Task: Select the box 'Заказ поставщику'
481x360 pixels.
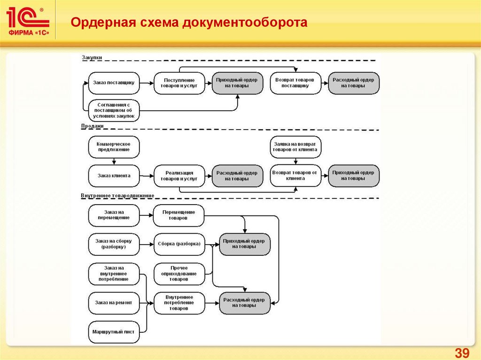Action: point(114,83)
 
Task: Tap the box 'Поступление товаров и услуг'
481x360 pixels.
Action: point(179,83)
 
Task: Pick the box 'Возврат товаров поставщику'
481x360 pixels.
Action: point(295,83)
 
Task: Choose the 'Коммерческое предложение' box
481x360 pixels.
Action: point(114,146)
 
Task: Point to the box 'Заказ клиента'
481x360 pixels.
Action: point(114,176)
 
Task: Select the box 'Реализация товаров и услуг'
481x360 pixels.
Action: point(179,176)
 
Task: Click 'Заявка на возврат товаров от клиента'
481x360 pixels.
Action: point(295,146)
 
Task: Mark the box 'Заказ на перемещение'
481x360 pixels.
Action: point(114,215)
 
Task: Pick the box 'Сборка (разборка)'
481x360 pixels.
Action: point(179,244)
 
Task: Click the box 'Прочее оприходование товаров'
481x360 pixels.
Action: point(179,274)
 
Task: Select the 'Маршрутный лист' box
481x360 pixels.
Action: point(114,332)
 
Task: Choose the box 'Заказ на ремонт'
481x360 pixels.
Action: point(114,303)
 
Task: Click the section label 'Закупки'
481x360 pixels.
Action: point(92,58)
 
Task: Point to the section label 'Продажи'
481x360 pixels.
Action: point(93,126)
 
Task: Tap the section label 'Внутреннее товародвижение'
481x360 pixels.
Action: point(117,195)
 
